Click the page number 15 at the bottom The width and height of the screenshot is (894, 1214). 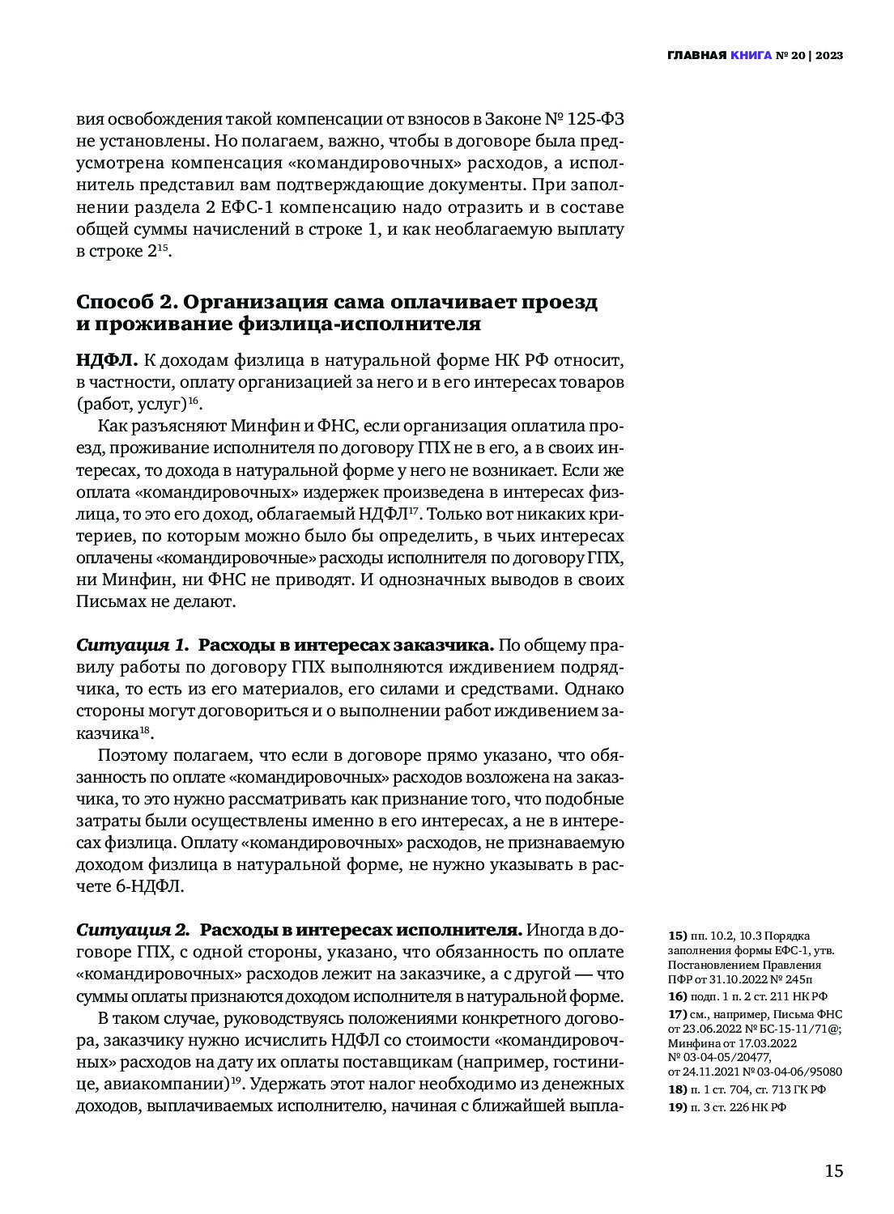[833, 1170]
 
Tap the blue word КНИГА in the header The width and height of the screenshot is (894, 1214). [751, 55]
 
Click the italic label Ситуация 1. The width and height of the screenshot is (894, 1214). [132, 645]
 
